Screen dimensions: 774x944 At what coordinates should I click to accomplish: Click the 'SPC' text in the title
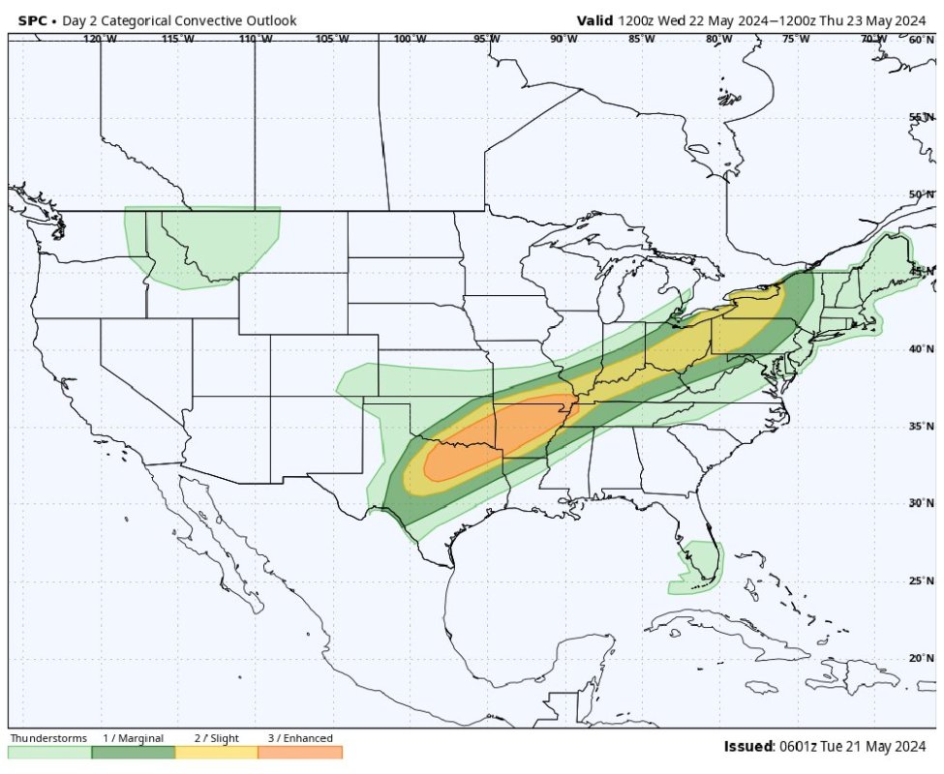point(33,20)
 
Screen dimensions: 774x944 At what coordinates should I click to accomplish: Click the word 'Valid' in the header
point(594,20)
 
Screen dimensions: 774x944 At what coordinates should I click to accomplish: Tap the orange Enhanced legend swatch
point(300,753)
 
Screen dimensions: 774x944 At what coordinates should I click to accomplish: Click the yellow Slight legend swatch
point(216,753)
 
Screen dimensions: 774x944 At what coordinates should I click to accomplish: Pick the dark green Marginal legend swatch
point(133,753)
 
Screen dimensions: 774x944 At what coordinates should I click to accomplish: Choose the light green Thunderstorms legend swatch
point(49,753)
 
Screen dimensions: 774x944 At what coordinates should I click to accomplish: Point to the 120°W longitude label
point(100,39)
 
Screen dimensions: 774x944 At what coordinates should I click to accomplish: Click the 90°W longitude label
point(563,39)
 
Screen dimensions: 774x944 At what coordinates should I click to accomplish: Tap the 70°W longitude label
point(873,39)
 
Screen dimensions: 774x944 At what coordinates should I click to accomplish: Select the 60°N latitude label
point(921,39)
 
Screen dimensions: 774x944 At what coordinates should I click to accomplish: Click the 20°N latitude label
point(921,658)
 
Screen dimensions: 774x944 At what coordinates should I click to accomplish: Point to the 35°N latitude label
point(921,426)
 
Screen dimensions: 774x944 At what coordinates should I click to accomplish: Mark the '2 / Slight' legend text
point(216,738)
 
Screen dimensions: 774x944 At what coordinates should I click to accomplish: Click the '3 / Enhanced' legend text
point(300,738)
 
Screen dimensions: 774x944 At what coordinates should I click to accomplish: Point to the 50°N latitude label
point(921,194)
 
